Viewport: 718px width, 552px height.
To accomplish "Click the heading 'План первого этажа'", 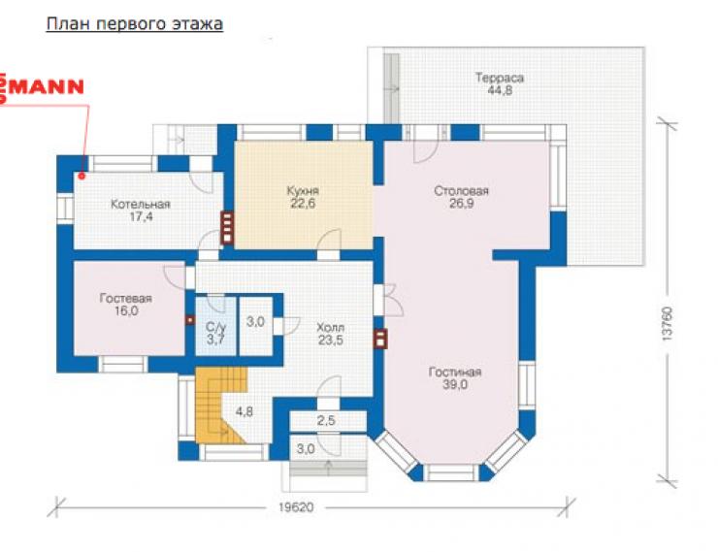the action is [135, 24].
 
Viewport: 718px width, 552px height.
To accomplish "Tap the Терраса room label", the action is [499, 78].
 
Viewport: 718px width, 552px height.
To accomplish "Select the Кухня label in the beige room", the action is [303, 190].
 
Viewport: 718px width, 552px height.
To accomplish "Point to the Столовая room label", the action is [461, 190].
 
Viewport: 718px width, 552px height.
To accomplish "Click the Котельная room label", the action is [141, 204].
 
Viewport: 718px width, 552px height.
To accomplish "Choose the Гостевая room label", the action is [125, 299].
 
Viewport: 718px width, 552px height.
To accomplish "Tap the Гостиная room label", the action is [455, 373].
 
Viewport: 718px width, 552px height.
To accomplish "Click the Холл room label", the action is [330, 328].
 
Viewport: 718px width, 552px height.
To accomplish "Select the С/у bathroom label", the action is [215, 327].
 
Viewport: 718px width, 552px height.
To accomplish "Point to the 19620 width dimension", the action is [296, 507].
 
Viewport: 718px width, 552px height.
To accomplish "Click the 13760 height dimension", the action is [668, 323].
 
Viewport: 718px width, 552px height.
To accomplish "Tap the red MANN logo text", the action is [43, 87].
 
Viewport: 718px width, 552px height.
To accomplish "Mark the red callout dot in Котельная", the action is [82, 176].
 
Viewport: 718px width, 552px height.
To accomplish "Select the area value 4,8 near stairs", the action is [245, 412].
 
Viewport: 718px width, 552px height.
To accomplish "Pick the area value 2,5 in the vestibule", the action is [326, 420].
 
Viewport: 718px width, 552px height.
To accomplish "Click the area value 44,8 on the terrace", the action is [500, 90].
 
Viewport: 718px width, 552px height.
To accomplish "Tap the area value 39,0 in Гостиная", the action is [455, 384].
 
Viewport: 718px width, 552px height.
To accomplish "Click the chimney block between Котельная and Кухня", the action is [227, 227].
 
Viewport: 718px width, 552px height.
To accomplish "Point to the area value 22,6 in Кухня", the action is [303, 203].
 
